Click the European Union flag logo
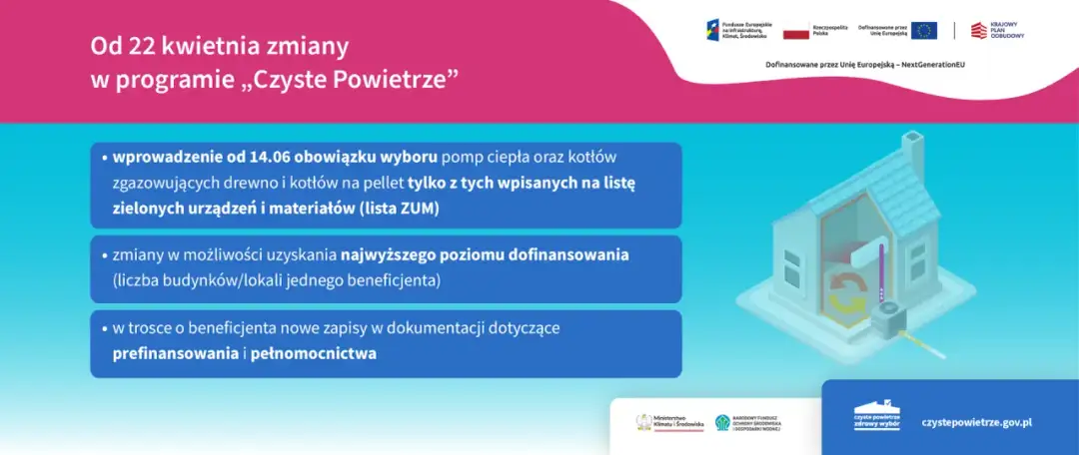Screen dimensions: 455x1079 point(923,30)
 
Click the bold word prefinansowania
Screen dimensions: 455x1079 point(175,353)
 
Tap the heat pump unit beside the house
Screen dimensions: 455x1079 point(888,322)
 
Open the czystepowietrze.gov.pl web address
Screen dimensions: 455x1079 point(976,422)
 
